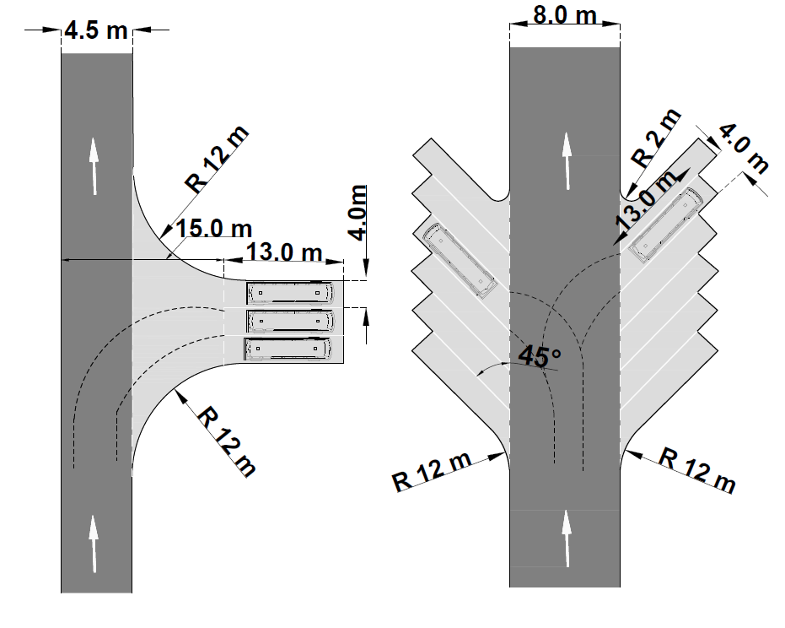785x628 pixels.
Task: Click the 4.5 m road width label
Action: tap(96, 30)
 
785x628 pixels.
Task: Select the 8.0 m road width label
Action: tap(565, 15)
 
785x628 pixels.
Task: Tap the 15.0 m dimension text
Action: tap(214, 229)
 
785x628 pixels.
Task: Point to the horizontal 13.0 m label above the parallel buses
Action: tap(284, 252)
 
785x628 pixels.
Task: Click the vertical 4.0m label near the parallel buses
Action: tap(358, 213)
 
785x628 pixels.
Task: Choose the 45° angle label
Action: tap(539, 356)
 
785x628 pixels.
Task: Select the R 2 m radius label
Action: tap(656, 138)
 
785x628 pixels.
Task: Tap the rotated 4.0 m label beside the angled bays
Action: tap(744, 149)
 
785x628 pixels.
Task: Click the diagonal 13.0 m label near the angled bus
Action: tap(647, 199)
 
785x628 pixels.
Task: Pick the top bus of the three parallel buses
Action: tap(290, 293)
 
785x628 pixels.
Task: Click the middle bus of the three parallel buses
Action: tap(290, 322)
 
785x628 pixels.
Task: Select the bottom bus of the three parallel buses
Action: tap(288, 349)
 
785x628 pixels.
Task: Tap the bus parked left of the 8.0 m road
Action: tap(460, 261)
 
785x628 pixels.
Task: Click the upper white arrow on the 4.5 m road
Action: tap(94, 166)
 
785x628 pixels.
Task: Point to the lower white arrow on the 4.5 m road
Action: tap(94, 544)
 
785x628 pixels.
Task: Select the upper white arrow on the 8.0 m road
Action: tap(567, 161)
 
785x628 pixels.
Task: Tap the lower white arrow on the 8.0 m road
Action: tap(567, 539)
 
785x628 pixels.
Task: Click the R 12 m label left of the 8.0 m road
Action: tap(432, 472)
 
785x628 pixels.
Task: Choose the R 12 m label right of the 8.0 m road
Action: tap(696, 470)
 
